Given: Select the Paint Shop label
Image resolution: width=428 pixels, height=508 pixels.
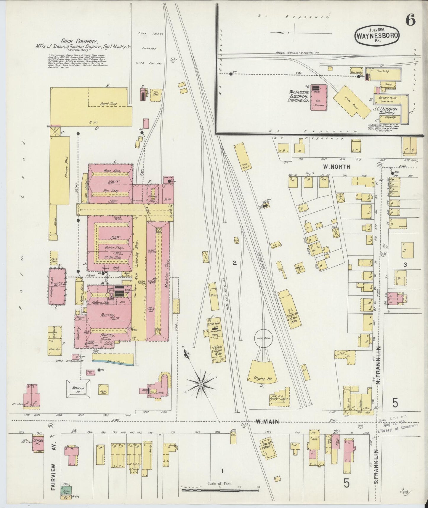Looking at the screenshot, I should pos(107,104).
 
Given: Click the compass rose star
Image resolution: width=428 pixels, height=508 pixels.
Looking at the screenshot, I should pos(201,384).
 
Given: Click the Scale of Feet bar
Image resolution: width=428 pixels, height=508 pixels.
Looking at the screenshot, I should pos(220,488).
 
